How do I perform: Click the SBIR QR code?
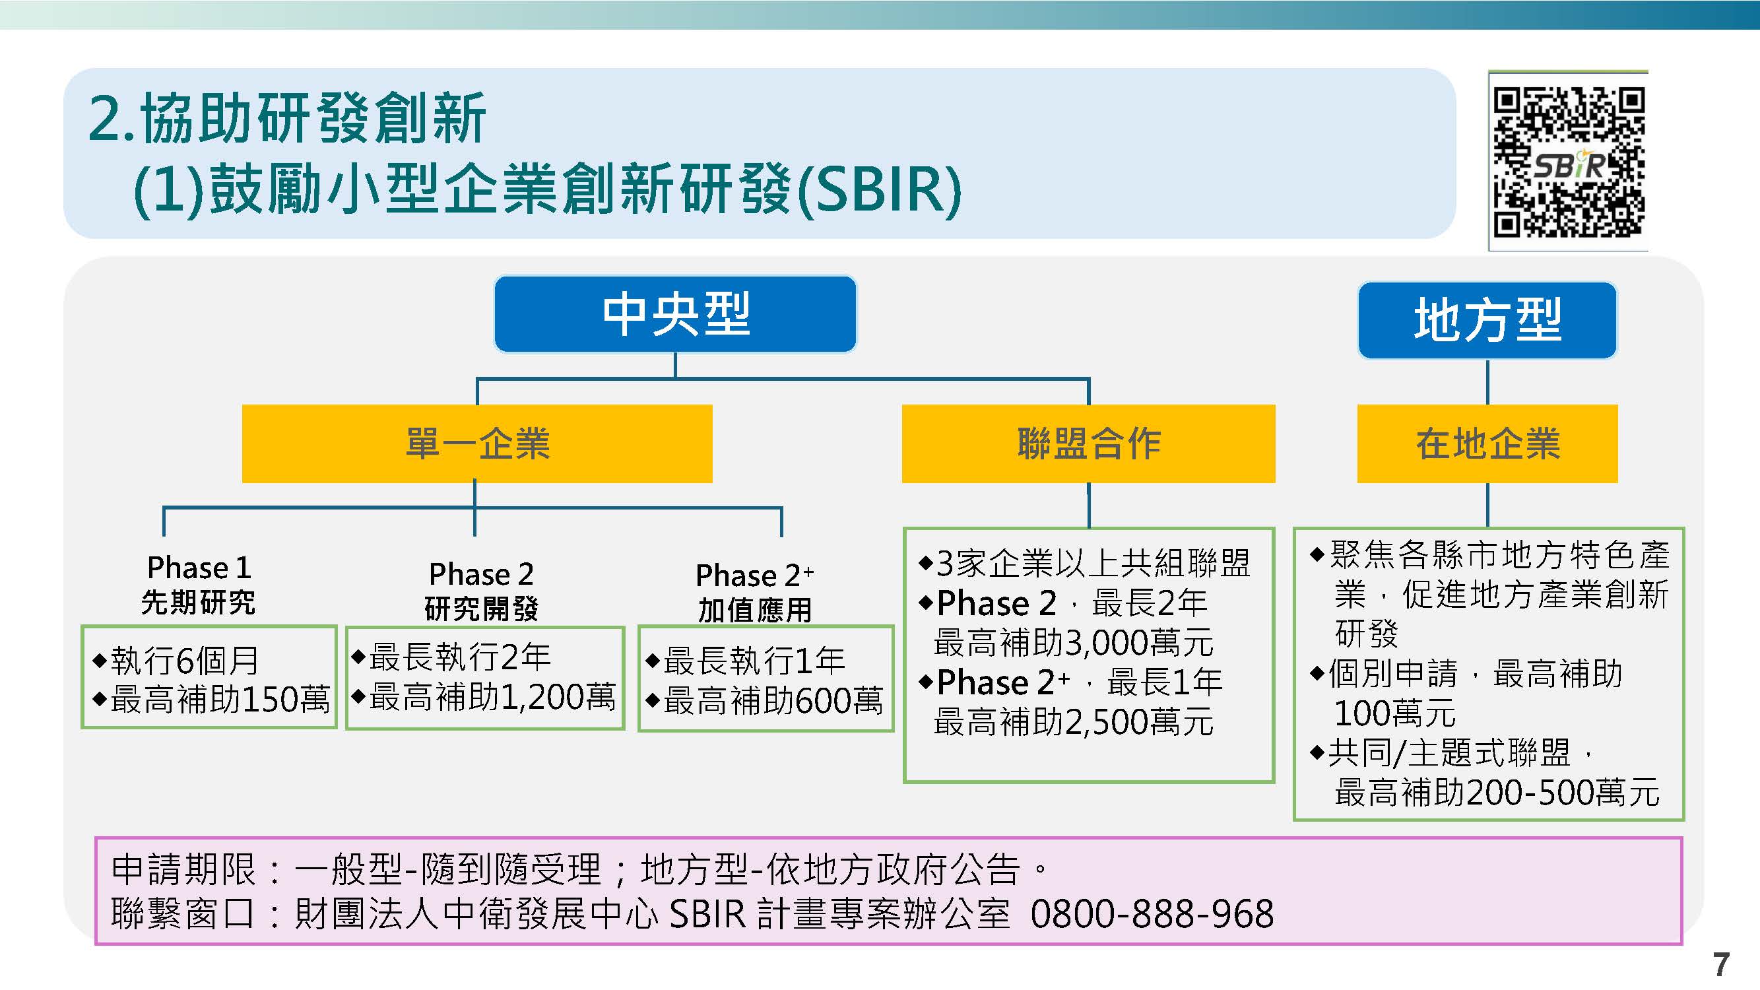pyautogui.click(x=1568, y=161)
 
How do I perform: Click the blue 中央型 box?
pyautogui.click(x=675, y=314)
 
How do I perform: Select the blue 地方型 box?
pyautogui.click(x=1487, y=319)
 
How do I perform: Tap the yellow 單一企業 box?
pyautogui.click(x=477, y=444)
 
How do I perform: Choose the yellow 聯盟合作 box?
pyautogui.click(x=1088, y=444)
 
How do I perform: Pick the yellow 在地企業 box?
pyautogui.click(x=1487, y=444)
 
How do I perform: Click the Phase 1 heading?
pyautogui.click(x=199, y=568)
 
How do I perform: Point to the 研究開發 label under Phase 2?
pyautogui.click(x=482, y=608)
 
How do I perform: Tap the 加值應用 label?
pyautogui.click(x=755, y=609)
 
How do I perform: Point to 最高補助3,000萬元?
pyautogui.click(x=1073, y=642)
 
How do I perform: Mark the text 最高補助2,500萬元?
pyautogui.click(x=1073, y=721)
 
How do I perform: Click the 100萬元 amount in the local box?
pyautogui.click(x=1395, y=713)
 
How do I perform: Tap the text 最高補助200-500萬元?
pyautogui.click(x=1497, y=793)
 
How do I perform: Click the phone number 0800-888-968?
pyautogui.click(x=1152, y=913)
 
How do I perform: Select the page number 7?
pyautogui.click(x=1720, y=965)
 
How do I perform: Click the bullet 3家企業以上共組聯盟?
pyautogui.click(x=1085, y=563)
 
